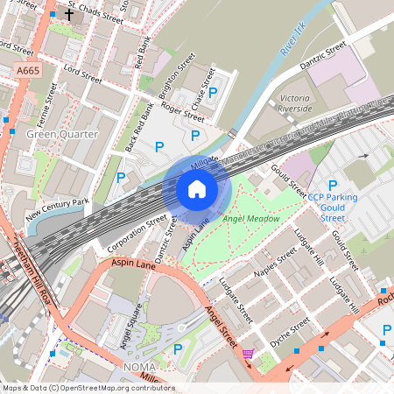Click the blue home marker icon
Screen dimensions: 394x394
pyautogui.click(x=197, y=188)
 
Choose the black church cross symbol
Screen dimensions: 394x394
pyautogui.click(x=69, y=14)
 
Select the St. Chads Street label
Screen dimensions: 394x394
pyautogui.click(x=95, y=12)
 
